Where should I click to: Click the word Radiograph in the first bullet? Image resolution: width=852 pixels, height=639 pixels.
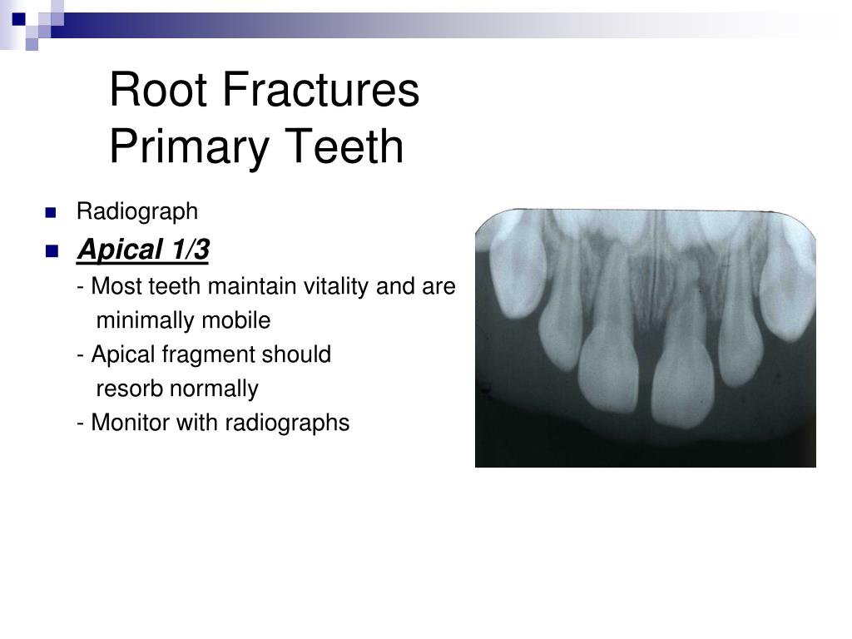pos(137,211)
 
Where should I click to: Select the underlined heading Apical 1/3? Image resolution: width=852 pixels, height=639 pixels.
pos(142,249)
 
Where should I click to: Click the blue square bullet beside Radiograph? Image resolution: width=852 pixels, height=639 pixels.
pos(51,212)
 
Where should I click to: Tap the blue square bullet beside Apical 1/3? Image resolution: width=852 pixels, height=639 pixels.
pos(51,250)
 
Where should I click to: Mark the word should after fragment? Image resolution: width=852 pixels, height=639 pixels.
pos(296,354)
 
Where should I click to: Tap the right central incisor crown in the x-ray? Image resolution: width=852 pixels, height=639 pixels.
pos(682,379)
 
